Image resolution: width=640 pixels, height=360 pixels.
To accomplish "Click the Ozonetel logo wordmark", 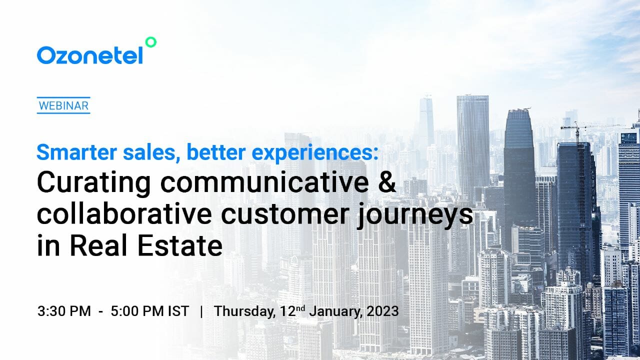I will (90, 55).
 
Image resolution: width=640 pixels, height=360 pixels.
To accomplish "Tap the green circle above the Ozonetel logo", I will (150, 42).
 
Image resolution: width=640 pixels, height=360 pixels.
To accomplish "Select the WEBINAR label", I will (63, 106).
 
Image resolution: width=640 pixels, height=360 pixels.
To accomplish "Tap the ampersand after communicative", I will (385, 183).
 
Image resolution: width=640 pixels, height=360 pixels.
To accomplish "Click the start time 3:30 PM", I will (64, 311).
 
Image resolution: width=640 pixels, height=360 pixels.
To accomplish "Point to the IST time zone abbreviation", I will (178, 311).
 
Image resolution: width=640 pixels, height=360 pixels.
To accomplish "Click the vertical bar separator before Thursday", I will (201, 311).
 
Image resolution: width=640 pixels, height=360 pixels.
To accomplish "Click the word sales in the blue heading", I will (153, 152).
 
